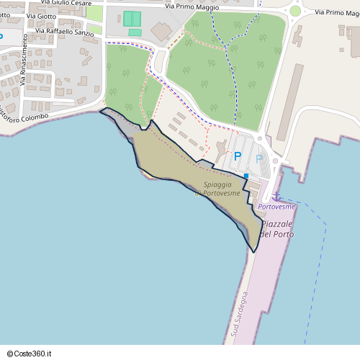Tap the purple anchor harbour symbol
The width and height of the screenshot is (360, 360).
coord(275,195)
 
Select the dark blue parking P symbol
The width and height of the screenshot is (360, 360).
coord(237,156)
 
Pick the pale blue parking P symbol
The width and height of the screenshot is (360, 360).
coord(258,158)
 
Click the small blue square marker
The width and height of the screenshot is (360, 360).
coord(246,176)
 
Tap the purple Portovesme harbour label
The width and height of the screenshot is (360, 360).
coord(276,207)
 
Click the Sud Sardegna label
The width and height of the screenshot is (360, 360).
coord(240,314)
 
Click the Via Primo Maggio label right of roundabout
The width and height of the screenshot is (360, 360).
coord(331,12)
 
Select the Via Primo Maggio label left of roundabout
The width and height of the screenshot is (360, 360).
coord(192,6)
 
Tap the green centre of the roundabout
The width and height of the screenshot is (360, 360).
coord(294,11)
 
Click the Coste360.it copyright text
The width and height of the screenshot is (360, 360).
coord(29,354)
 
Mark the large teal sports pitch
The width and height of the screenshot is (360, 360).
coord(132,19)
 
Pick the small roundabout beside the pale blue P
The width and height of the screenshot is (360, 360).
coord(275,161)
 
